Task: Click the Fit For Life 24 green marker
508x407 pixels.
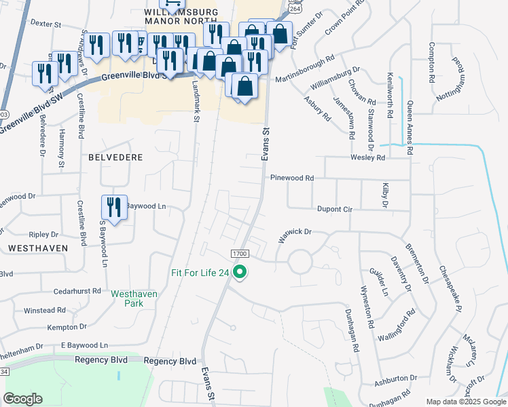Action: [239, 273]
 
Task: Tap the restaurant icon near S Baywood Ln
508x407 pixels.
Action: [113, 208]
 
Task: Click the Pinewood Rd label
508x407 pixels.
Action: [292, 178]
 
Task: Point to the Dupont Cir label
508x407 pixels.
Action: [334, 210]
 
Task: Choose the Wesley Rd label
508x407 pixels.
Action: [367, 157]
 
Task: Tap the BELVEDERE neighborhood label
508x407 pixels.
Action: [115, 157]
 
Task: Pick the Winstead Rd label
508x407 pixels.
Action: [45, 310]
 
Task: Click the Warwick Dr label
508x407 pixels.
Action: [294, 236]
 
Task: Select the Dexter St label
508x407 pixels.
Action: [46, 24]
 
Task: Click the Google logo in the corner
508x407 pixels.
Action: [22, 399]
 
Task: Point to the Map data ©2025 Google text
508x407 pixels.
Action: [465, 402]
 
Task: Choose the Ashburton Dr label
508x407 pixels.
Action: [395, 377]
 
